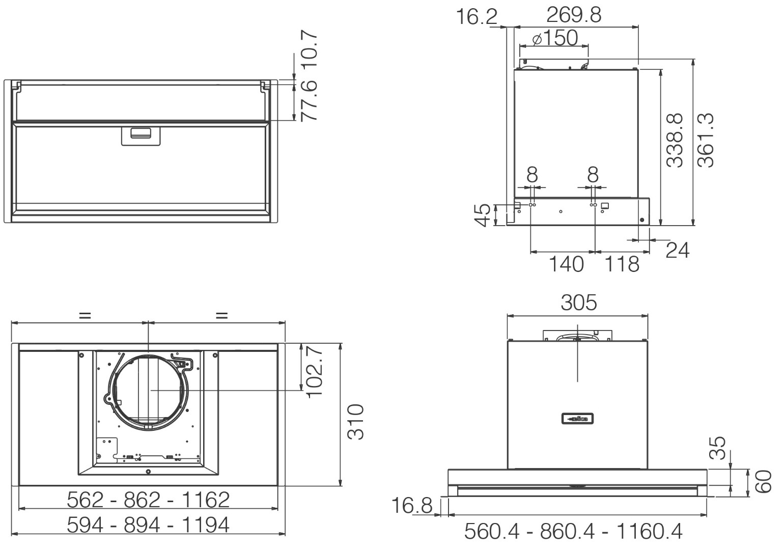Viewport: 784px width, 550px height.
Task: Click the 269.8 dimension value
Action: click(574, 15)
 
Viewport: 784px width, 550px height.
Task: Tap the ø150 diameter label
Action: click(555, 38)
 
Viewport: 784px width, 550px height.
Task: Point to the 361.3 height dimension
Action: click(705, 141)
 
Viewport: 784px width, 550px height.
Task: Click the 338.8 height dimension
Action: click(675, 141)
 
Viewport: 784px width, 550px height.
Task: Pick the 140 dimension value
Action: click(566, 264)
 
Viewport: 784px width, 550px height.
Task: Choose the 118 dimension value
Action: click(622, 264)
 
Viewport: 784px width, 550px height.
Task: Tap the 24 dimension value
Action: click(677, 250)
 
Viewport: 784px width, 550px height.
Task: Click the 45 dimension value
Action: click(482, 215)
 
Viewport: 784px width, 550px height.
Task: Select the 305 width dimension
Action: click(578, 302)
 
